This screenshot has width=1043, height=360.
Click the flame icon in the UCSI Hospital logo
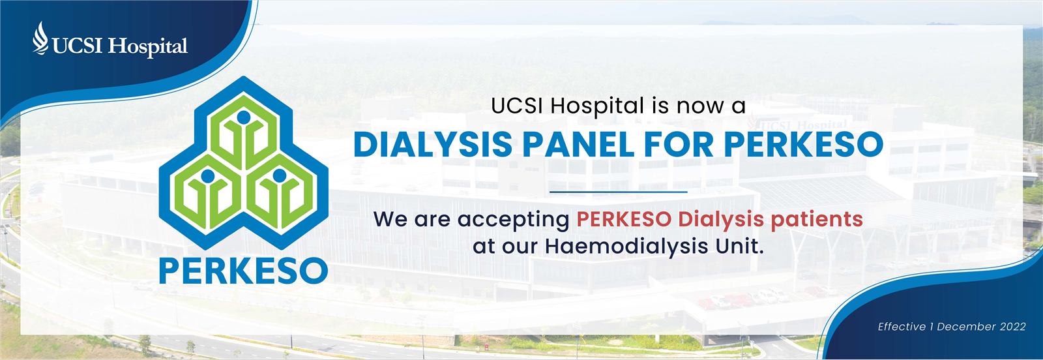(x=40, y=38)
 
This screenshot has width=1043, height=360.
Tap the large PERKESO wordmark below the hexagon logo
(x=244, y=271)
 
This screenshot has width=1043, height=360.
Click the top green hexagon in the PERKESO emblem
(x=244, y=131)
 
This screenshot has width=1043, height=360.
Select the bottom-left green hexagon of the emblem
(x=208, y=192)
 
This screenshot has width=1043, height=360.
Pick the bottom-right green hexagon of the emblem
(x=280, y=192)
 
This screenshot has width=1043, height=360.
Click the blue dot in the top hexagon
(x=244, y=117)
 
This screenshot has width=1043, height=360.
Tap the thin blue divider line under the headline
(x=619, y=191)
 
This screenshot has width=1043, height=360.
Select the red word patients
(x=817, y=219)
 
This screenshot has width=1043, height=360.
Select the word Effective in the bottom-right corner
(x=902, y=327)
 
